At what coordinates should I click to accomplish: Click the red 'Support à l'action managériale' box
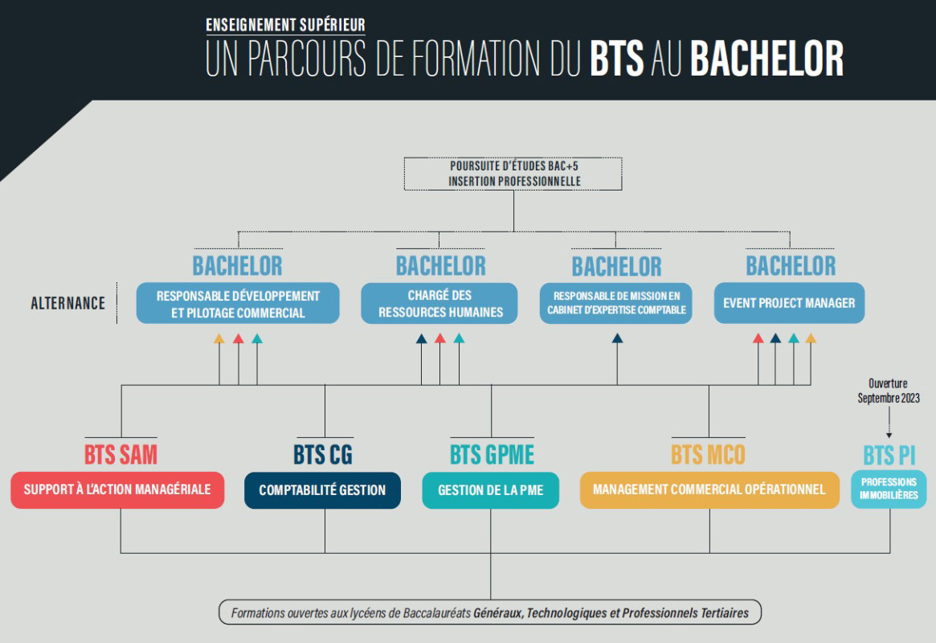tap(117, 489)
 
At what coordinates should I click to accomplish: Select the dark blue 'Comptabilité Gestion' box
tap(322, 490)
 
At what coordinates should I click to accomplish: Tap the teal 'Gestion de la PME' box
tap(491, 490)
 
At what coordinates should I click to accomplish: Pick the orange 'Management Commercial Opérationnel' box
tap(709, 489)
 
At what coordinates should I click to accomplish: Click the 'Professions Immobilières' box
tap(889, 489)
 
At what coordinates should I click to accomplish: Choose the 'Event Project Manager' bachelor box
tap(789, 303)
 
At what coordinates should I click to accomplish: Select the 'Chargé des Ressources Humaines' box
tap(439, 303)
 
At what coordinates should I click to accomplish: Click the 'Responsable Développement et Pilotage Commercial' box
tap(238, 303)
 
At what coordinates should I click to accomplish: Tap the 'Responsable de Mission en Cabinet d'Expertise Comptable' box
tap(616, 303)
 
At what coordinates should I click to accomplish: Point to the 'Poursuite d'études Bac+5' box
tap(513, 174)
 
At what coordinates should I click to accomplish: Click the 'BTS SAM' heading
tap(121, 454)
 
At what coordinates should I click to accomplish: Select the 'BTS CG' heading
tap(323, 454)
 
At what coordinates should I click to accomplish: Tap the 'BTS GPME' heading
tap(492, 454)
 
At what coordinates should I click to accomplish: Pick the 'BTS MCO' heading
tap(708, 454)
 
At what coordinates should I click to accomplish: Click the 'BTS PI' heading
tap(889, 456)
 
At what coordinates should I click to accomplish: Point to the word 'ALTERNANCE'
tap(68, 303)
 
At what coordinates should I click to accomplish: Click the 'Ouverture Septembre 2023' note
tap(889, 391)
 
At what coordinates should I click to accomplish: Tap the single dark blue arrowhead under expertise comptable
tap(617, 338)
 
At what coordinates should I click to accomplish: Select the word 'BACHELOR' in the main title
tap(767, 59)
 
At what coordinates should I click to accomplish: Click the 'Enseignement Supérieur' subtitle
tap(285, 25)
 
